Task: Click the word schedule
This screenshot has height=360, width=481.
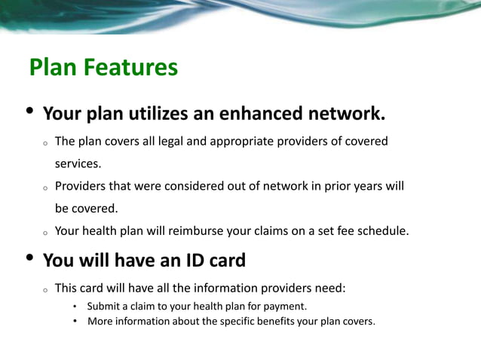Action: tap(382, 231)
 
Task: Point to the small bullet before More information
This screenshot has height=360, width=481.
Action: tap(75, 322)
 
